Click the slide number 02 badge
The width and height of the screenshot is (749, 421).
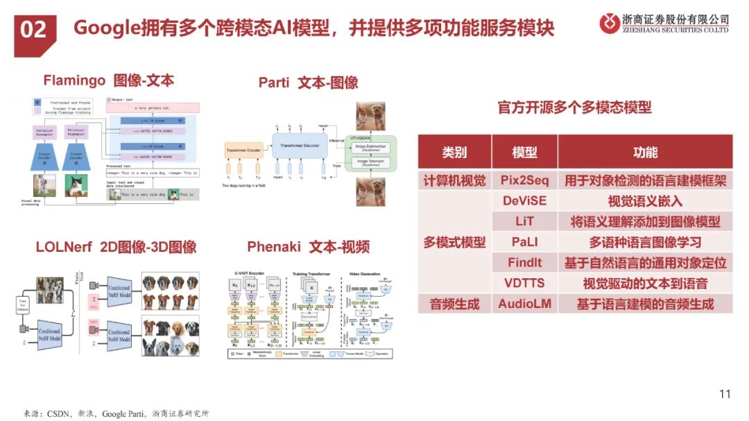pyautogui.click(x=34, y=29)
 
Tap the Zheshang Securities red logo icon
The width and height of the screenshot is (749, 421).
pyautogui.click(x=610, y=23)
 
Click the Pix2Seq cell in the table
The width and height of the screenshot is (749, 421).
pyautogui.click(x=524, y=181)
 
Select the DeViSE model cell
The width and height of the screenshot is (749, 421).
pyautogui.click(x=524, y=201)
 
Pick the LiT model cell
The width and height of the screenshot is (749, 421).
pyautogui.click(x=524, y=222)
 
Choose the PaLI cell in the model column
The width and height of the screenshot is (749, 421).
pyautogui.click(x=524, y=242)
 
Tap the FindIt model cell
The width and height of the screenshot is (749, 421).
pyautogui.click(x=524, y=263)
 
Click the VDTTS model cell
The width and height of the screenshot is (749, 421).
pyautogui.click(x=524, y=283)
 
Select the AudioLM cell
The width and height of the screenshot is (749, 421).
pyautogui.click(x=524, y=304)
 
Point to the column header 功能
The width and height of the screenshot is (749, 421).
pyautogui.click(x=645, y=152)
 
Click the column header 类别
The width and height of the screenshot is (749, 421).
pyautogui.click(x=454, y=152)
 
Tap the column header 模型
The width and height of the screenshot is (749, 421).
pyautogui.click(x=524, y=152)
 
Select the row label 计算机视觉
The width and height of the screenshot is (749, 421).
pyautogui.click(x=454, y=181)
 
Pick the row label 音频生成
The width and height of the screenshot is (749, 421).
pyautogui.click(x=454, y=304)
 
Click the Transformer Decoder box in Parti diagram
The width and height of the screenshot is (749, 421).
pyautogui.click(x=299, y=144)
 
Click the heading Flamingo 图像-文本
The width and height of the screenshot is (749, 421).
pyautogui.click(x=108, y=80)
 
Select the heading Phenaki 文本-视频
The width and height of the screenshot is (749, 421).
pyautogui.click(x=308, y=247)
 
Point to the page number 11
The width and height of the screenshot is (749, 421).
pyautogui.click(x=725, y=395)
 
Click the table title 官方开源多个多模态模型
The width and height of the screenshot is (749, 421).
pyautogui.click(x=574, y=108)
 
